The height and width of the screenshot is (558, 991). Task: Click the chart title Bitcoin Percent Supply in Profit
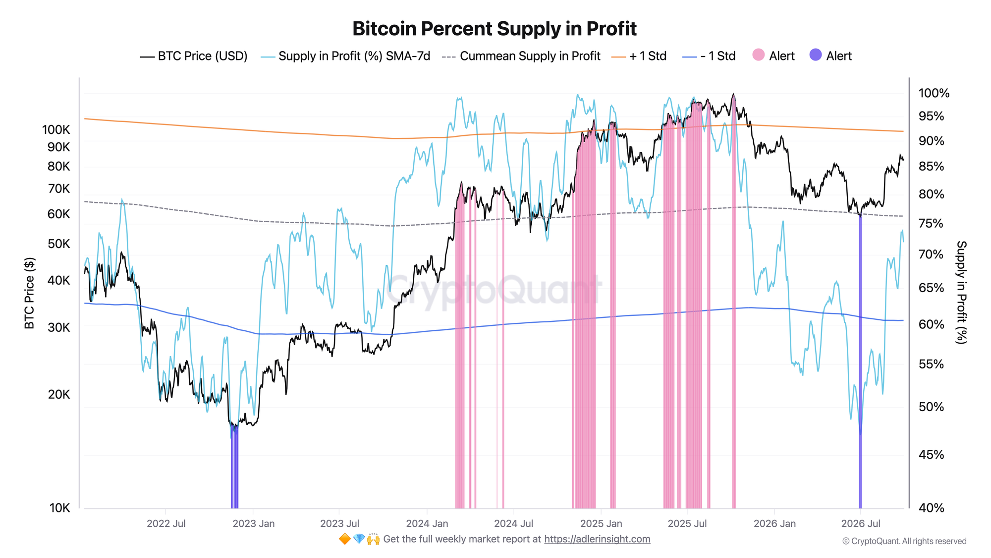[495, 29]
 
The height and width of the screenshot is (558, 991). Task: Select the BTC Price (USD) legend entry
[194, 56]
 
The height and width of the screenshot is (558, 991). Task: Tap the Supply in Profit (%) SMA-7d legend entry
[345, 56]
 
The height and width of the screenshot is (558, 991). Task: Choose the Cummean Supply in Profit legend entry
[521, 56]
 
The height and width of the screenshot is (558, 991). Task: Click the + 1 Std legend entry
[639, 56]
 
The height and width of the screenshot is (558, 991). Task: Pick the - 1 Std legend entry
[709, 56]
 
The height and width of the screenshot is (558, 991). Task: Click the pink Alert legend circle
[758, 55]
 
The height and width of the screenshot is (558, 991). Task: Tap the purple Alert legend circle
[815, 55]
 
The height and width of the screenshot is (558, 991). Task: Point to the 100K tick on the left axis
[56, 130]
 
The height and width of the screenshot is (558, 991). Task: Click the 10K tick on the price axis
[60, 508]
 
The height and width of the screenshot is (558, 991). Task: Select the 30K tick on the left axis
[59, 327]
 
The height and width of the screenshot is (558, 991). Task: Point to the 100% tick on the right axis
[934, 93]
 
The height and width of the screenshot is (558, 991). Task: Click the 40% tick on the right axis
[932, 508]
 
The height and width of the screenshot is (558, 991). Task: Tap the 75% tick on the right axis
[932, 223]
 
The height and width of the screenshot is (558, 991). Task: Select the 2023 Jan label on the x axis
[254, 524]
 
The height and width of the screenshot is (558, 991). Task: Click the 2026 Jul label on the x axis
[861, 524]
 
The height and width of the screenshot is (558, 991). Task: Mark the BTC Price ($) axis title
[30, 293]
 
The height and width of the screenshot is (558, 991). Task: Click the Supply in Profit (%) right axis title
[961, 292]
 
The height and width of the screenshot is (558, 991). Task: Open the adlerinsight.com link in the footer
[597, 539]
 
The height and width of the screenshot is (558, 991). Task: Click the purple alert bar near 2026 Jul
[860, 362]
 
